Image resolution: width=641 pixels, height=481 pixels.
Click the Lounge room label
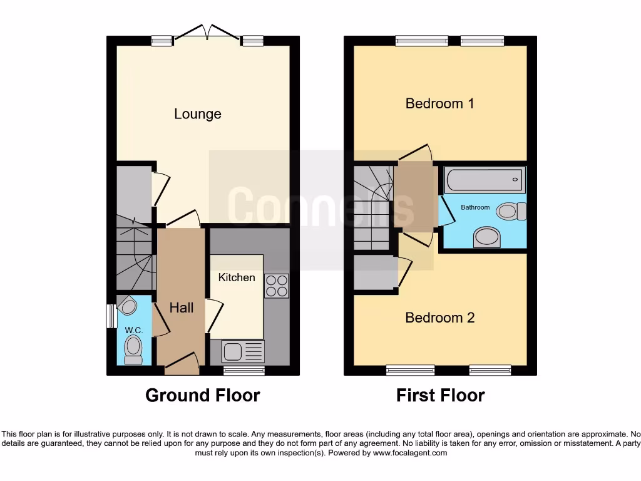197,114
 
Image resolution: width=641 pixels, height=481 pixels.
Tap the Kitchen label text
237,277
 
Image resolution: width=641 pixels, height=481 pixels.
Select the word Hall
182,308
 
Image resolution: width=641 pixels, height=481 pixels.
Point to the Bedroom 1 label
439,103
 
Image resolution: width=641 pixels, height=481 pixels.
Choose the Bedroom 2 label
439,318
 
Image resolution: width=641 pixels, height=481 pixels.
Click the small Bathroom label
475,207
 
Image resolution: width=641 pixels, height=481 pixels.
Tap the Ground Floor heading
202,395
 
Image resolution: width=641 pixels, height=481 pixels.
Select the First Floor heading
440,395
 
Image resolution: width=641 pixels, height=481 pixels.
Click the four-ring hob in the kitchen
277,286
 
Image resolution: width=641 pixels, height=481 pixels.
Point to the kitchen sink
232,351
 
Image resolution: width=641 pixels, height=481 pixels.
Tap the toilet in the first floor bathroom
511,212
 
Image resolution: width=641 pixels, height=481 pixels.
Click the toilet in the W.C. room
133,349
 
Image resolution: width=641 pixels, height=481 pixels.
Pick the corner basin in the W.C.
128,305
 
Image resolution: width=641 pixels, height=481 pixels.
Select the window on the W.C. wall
111,316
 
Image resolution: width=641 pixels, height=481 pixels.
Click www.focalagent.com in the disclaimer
410,453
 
